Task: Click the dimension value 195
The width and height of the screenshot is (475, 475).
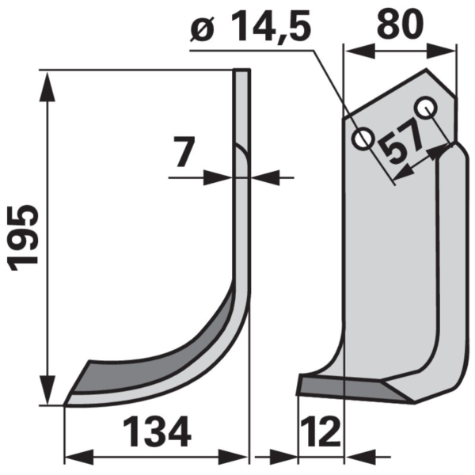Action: tap(25, 238)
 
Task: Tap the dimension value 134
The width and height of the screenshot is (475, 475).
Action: tap(157, 431)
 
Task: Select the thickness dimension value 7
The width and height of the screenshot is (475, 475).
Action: tap(184, 151)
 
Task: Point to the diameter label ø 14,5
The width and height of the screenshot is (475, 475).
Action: tap(250, 26)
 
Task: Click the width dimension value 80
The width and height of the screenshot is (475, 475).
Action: tap(400, 24)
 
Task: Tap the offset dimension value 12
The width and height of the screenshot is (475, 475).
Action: tap(322, 431)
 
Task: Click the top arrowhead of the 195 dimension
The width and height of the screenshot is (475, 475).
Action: tap(47, 86)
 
